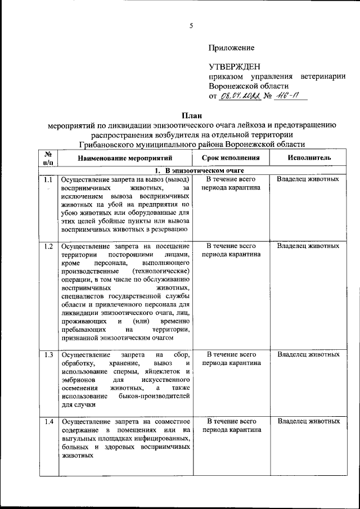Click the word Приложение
[x=231, y=48]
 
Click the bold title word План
[x=191, y=115]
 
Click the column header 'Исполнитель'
[x=309, y=159]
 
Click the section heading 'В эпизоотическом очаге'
[x=204, y=170]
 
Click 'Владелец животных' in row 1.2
[x=308, y=246]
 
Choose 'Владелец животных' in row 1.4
[x=308, y=421]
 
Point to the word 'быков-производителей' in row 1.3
[x=155, y=396]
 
